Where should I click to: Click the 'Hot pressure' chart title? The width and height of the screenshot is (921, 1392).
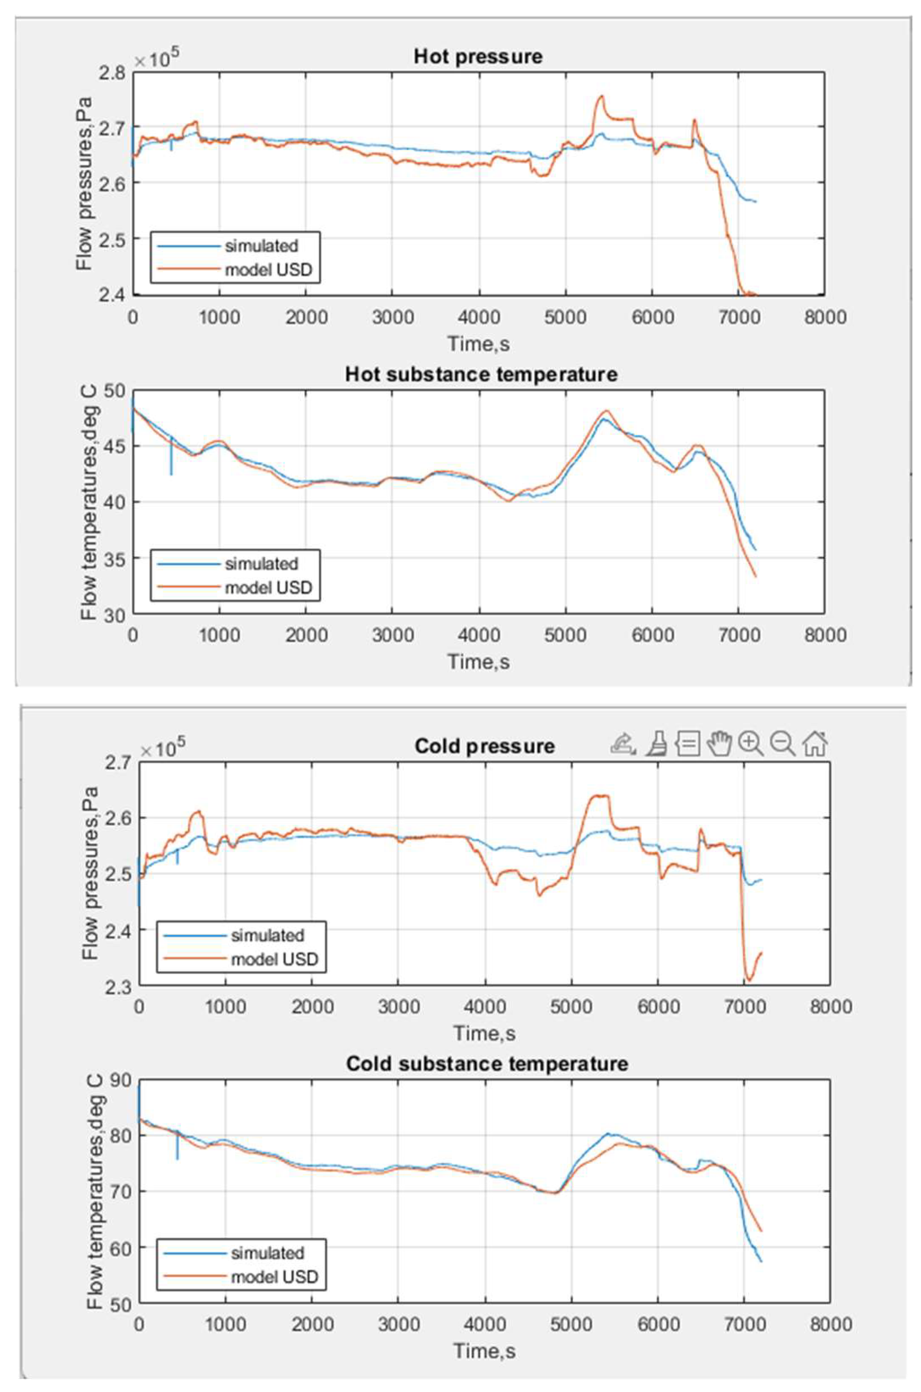pyautogui.click(x=478, y=57)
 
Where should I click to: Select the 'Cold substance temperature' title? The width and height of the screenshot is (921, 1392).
pyautogui.click(x=487, y=1063)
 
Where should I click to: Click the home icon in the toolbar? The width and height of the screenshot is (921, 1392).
pyautogui.click(x=815, y=744)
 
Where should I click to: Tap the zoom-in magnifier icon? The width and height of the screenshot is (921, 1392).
pyautogui.click(x=751, y=744)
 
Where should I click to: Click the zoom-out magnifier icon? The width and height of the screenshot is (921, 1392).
pyautogui.click(x=782, y=744)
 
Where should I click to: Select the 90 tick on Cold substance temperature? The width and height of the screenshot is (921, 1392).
pyautogui.click(x=120, y=1081)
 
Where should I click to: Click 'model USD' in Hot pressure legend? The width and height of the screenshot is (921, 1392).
pyautogui.click(x=268, y=270)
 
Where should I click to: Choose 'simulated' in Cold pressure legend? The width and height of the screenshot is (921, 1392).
pyautogui.click(x=267, y=935)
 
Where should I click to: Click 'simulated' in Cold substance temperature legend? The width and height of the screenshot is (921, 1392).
pyautogui.click(x=267, y=1253)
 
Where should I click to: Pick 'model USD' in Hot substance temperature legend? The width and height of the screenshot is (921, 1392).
pyautogui.click(x=268, y=588)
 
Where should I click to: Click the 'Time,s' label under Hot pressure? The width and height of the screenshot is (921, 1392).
pyautogui.click(x=478, y=343)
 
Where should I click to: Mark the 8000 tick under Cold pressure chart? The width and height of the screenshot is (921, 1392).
pyautogui.click(x=831, y=1007)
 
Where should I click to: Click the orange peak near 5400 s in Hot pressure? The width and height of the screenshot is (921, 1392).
pyautogui.click(x=601, y=96)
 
